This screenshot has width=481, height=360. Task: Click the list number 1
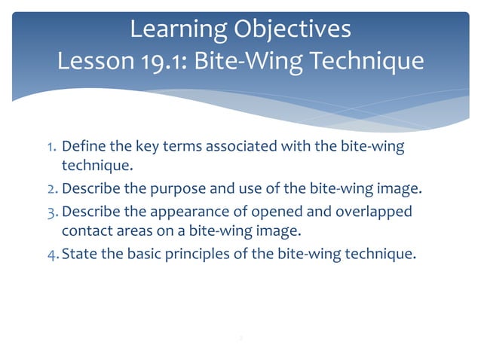click(44, 146)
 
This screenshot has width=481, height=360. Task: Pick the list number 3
click(44, 211)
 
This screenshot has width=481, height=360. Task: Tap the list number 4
click(44, 253)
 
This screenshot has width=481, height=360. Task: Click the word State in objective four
click(79, 253)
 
